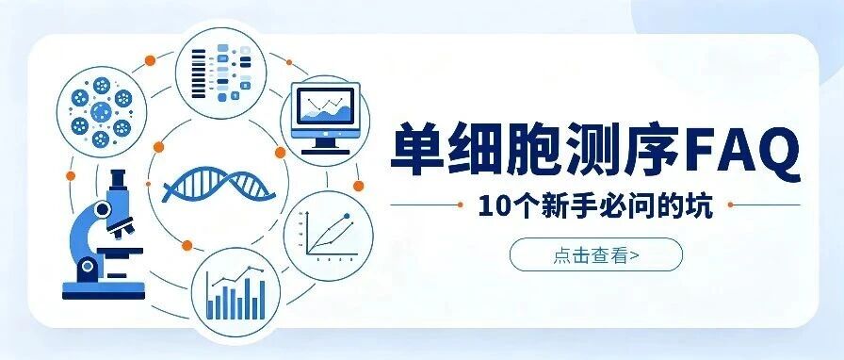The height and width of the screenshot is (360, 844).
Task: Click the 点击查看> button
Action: [596, 254]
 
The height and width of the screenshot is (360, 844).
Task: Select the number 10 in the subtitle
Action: [491, 205]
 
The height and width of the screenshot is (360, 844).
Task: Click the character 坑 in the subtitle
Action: [702, 205]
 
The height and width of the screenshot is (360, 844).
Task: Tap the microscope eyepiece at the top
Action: [119, 178]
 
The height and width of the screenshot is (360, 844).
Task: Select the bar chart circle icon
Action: [235, 293]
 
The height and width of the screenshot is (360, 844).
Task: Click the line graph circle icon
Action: [329, 236]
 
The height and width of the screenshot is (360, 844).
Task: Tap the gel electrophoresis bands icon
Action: [221, 74]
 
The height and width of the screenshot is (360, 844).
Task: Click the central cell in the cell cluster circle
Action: [101, 112]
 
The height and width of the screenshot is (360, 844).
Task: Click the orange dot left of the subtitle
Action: [460, 205]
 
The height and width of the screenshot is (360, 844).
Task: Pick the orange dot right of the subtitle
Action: [730, 205]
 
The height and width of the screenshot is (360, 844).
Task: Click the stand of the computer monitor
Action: [325, 146]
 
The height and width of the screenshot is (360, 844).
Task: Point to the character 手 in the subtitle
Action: [585, 205]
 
